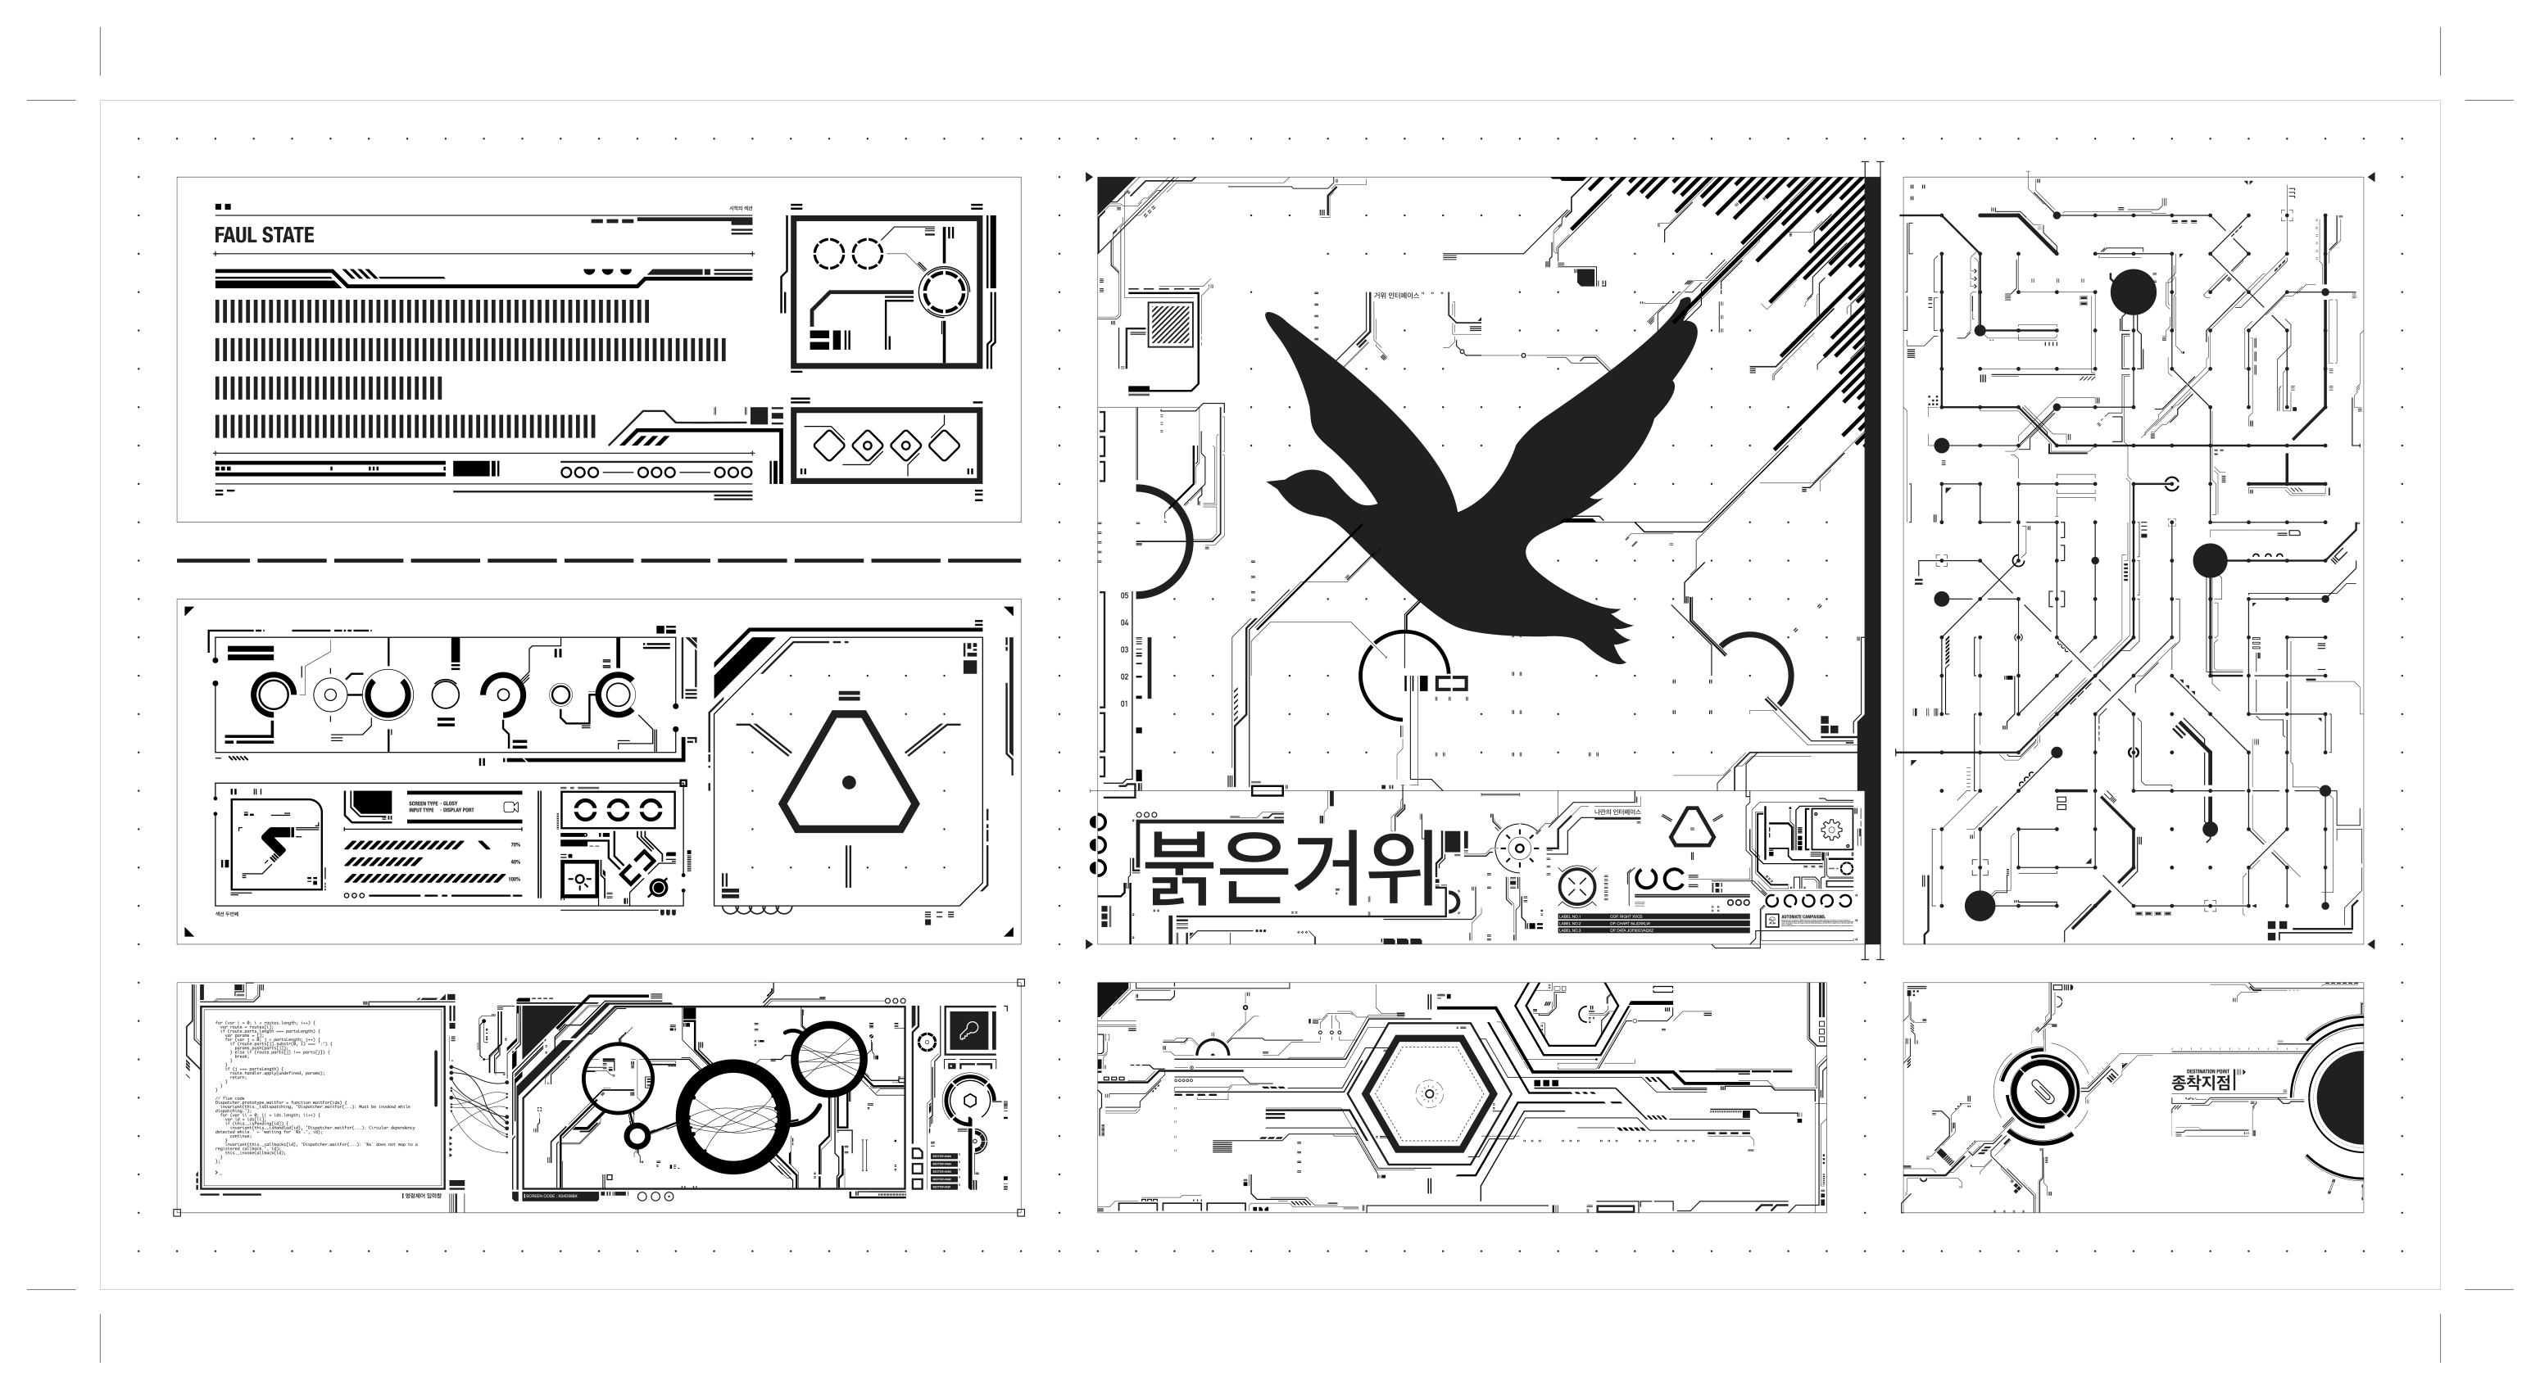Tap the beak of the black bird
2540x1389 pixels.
pos(1272,484)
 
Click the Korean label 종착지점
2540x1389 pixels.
pos(2201,1081)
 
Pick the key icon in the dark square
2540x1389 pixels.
pos(968,1031)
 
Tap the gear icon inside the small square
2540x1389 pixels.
pos(1831,830)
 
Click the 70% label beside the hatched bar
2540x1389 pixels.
pos(515,845)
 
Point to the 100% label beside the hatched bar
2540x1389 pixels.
pos(515,878)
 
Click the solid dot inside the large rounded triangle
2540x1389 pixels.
pos(848,783)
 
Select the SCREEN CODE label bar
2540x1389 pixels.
pos(557,1196)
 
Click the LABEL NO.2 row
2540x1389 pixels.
pos(1577,924)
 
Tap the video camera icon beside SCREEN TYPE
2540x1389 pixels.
pos(510,807)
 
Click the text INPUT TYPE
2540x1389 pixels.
pos(421,810)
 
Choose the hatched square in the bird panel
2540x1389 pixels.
pos(1170,323)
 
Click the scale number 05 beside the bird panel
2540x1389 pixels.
pos(1124,596)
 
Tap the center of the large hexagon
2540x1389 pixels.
pos(1429,1093)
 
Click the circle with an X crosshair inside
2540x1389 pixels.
pos(1576,887)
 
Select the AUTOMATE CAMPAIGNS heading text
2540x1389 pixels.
pos(1803,916)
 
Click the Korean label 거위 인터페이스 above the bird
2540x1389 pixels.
pos(1396,296)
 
